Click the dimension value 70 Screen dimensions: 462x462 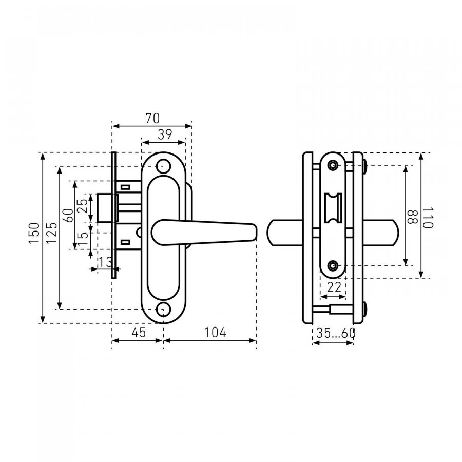click(x=152, y=118)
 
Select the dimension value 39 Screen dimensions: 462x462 click(x=165, y=134)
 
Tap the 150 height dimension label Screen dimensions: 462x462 click(x=34, y=233)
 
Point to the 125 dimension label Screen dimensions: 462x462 click(x=51, y=233)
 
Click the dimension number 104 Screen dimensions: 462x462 click(x=216, y=332)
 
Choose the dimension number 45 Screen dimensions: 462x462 click(x=139, y=332)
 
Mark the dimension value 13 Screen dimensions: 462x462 click(x=105, y=262)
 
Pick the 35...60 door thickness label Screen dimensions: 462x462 click(x=336, y=333)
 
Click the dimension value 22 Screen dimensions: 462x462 click(x=334, y=287)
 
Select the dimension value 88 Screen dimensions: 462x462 click(x=412, y=217)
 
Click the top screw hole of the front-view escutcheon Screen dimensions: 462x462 click(x=163, y=166)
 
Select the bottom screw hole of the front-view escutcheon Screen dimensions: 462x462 click(x=163, y=309)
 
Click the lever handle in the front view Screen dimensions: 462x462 click(x=204, y=233)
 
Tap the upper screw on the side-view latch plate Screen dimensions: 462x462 click(x=333, y=165)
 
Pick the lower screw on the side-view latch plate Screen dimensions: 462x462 click(x=333, y=265)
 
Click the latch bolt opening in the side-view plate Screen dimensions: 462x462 click(x=333, y=208)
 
